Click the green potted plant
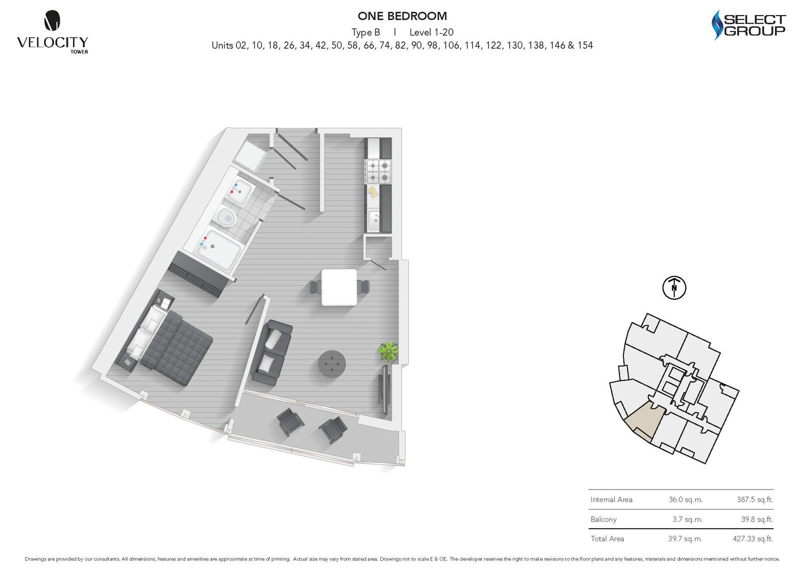pos(388,351)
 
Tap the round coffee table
pos(332,363)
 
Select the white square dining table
pos(339,287)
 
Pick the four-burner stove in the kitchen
pos(378,171)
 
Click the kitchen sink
pos(374,220)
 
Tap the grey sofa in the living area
pos(271,353)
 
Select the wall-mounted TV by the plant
pos(385,390)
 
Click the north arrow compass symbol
pos(674,288)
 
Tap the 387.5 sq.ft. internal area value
pos(755,500)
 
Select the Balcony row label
pos(603,519)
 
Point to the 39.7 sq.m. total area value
pos(685,539)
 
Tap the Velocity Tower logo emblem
pos(52,21)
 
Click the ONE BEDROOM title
pos(402,16)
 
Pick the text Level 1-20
pos(431,32)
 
